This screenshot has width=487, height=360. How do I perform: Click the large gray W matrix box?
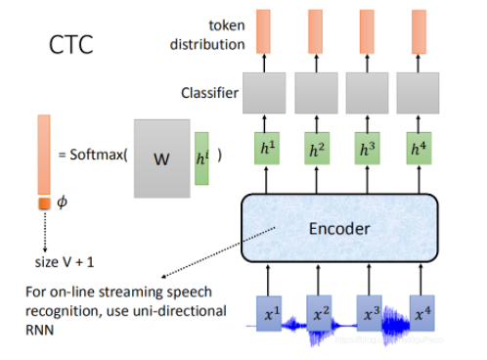pyautogui.click(x=161, y=157)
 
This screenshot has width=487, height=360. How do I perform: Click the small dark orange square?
pyautogui.click(x=44, y=203)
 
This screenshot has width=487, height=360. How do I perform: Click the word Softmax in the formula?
pyautogui.click(x=96, y=156)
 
